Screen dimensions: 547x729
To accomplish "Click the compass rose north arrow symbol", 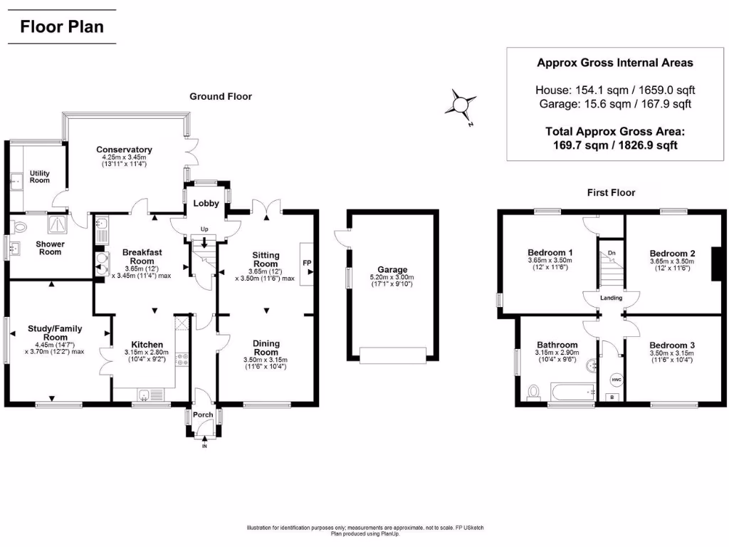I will (x=461, y=105).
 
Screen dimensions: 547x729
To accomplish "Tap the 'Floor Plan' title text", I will (x=61, y=27).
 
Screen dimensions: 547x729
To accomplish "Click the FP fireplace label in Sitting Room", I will (x=308, y=263).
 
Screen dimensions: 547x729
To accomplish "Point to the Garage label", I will (x=392, y=269).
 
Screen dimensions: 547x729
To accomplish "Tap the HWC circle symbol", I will (x=617, y=380).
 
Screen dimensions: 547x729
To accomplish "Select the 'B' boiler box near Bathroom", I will (x=611, y=397).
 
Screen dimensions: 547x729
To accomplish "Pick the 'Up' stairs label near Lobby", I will (x=205, y=229).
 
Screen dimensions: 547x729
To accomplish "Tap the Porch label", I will (x=204, y=415).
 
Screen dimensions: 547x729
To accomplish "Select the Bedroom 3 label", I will (x=672, y=345).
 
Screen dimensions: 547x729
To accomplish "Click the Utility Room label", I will (x=40, y=176).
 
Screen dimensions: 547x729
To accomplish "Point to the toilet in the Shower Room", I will (x=20, y=227).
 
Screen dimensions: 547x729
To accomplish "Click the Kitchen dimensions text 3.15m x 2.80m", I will (x=144, y=352).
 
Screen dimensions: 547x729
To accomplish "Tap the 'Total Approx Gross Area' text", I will (x=614, y=132).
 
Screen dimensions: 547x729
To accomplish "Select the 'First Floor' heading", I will (x=611, y=192).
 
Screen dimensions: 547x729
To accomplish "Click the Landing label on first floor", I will (x=611, y=298).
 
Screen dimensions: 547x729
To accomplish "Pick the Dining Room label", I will (x=266, y=347).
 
